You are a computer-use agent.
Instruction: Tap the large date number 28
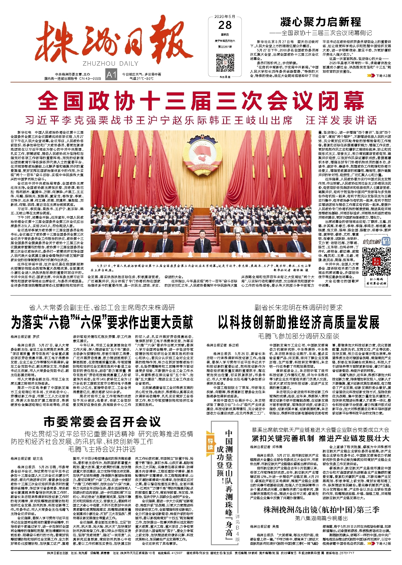(225, 26)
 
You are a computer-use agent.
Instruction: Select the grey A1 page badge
(111, 75)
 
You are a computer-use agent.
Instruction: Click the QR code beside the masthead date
(225, 63)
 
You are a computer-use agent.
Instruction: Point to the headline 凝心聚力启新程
(321, 22)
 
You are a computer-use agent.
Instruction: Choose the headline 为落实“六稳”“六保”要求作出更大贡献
(102, 322)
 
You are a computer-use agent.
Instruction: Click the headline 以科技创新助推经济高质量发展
(298, 322)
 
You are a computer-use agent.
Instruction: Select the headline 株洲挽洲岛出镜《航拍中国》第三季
(321, 510)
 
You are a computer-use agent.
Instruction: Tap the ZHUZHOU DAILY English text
(111, 63)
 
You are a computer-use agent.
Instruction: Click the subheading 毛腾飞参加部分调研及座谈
(298, 336)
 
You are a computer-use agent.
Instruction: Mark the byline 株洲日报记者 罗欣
(25, 337)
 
